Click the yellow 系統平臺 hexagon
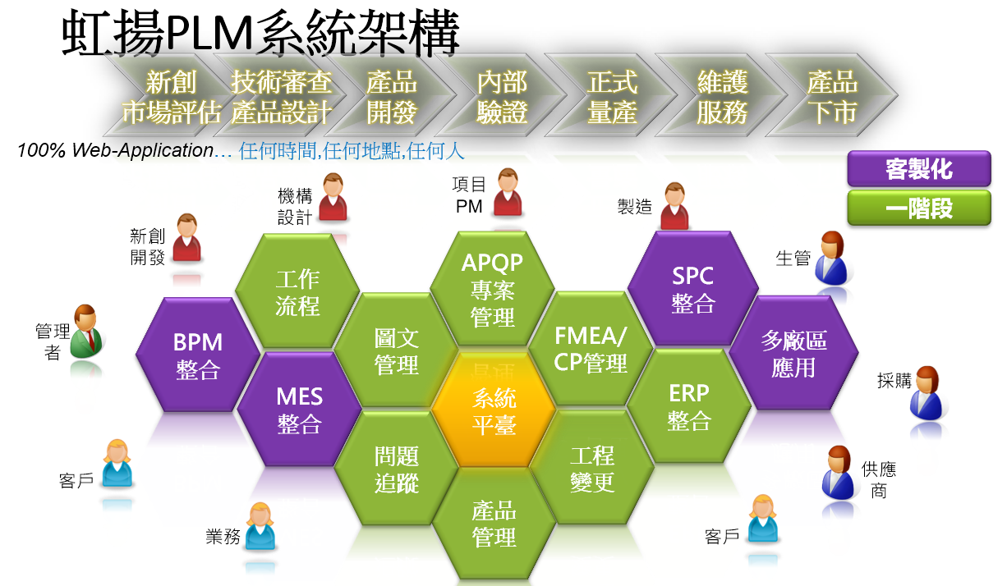coord(494,410)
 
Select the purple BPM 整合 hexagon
coord(198,355)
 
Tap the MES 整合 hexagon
coord(299,409)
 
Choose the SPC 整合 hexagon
coord(692,288)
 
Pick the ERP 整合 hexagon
coord(688,406)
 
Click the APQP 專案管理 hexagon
coord(492,288)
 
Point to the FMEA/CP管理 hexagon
coord(591,349)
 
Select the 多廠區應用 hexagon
coord(793,353)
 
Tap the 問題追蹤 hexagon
coord(396,468)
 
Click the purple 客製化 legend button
coord(919,169)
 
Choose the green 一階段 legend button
coord(919,208)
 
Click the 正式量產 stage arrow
coord(611,95)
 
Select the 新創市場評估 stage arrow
coord(171,95)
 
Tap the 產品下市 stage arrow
coord(832,95)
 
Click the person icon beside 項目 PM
coord(508,193)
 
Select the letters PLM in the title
coord(209,33)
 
